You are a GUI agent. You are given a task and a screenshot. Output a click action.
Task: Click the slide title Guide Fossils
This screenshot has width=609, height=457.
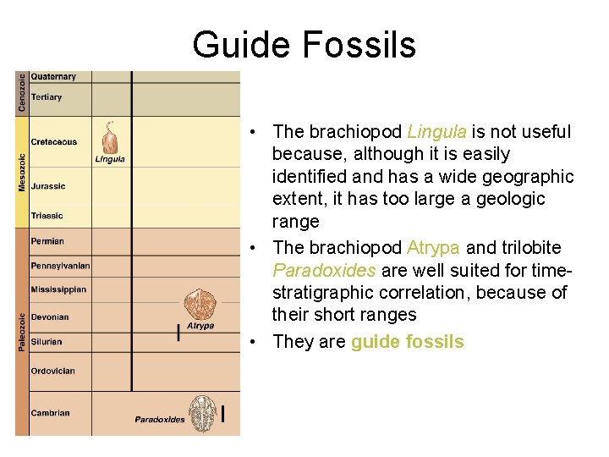pos(304,45)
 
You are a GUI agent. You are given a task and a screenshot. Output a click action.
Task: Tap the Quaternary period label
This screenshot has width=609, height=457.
pos(53,77)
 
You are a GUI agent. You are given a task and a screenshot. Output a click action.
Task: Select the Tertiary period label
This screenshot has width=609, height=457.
pos(47,97)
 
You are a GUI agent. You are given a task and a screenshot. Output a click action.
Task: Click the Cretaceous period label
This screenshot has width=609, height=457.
pos(54,142)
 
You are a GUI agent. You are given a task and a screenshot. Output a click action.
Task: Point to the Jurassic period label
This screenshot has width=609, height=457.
pos(48,186)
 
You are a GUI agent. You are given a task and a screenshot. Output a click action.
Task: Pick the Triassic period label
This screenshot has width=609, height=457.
pos(47,216)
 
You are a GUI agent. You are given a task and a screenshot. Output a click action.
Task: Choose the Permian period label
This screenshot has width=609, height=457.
pos(47,241)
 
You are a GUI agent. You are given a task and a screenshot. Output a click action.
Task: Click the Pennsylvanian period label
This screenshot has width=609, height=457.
pos(60,266)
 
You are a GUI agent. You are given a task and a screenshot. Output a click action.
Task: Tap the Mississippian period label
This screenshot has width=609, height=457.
pos(58,289)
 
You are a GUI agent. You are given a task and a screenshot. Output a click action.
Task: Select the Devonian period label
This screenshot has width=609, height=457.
pos(50,317)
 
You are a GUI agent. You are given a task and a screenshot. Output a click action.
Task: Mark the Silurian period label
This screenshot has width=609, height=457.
pos(47,342)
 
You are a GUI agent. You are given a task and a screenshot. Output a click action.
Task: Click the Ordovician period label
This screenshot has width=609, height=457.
pos(52,371)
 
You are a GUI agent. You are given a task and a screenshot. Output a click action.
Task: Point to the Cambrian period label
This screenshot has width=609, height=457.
pos(50,413)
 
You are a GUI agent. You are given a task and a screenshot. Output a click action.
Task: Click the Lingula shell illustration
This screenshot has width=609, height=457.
pos(109,137)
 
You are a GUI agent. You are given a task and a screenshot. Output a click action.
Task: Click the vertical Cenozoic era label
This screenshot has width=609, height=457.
pos(22,92)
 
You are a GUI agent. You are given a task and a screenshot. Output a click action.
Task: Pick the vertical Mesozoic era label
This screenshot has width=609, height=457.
pos(22,172)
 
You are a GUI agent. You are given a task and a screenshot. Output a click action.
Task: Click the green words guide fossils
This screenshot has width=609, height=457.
pos(407,342)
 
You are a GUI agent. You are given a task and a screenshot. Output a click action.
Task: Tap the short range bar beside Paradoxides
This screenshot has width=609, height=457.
pos(222,414)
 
